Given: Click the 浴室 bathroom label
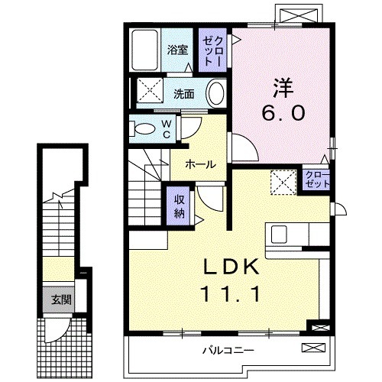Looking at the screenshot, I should click(x=178, y=52).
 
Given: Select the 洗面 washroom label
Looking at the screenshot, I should click(x=183, y=95).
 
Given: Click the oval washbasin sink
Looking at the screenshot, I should click(x=216, y=95).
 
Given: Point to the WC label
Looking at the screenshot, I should click(x=166, y=128).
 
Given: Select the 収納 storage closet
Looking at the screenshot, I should click(x=179, y=202).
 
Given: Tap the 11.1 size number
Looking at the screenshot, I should click(x=231, y=293).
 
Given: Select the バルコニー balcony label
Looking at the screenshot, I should click(x=228, y=351).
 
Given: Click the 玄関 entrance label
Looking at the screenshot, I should click(x=62, y=299).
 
